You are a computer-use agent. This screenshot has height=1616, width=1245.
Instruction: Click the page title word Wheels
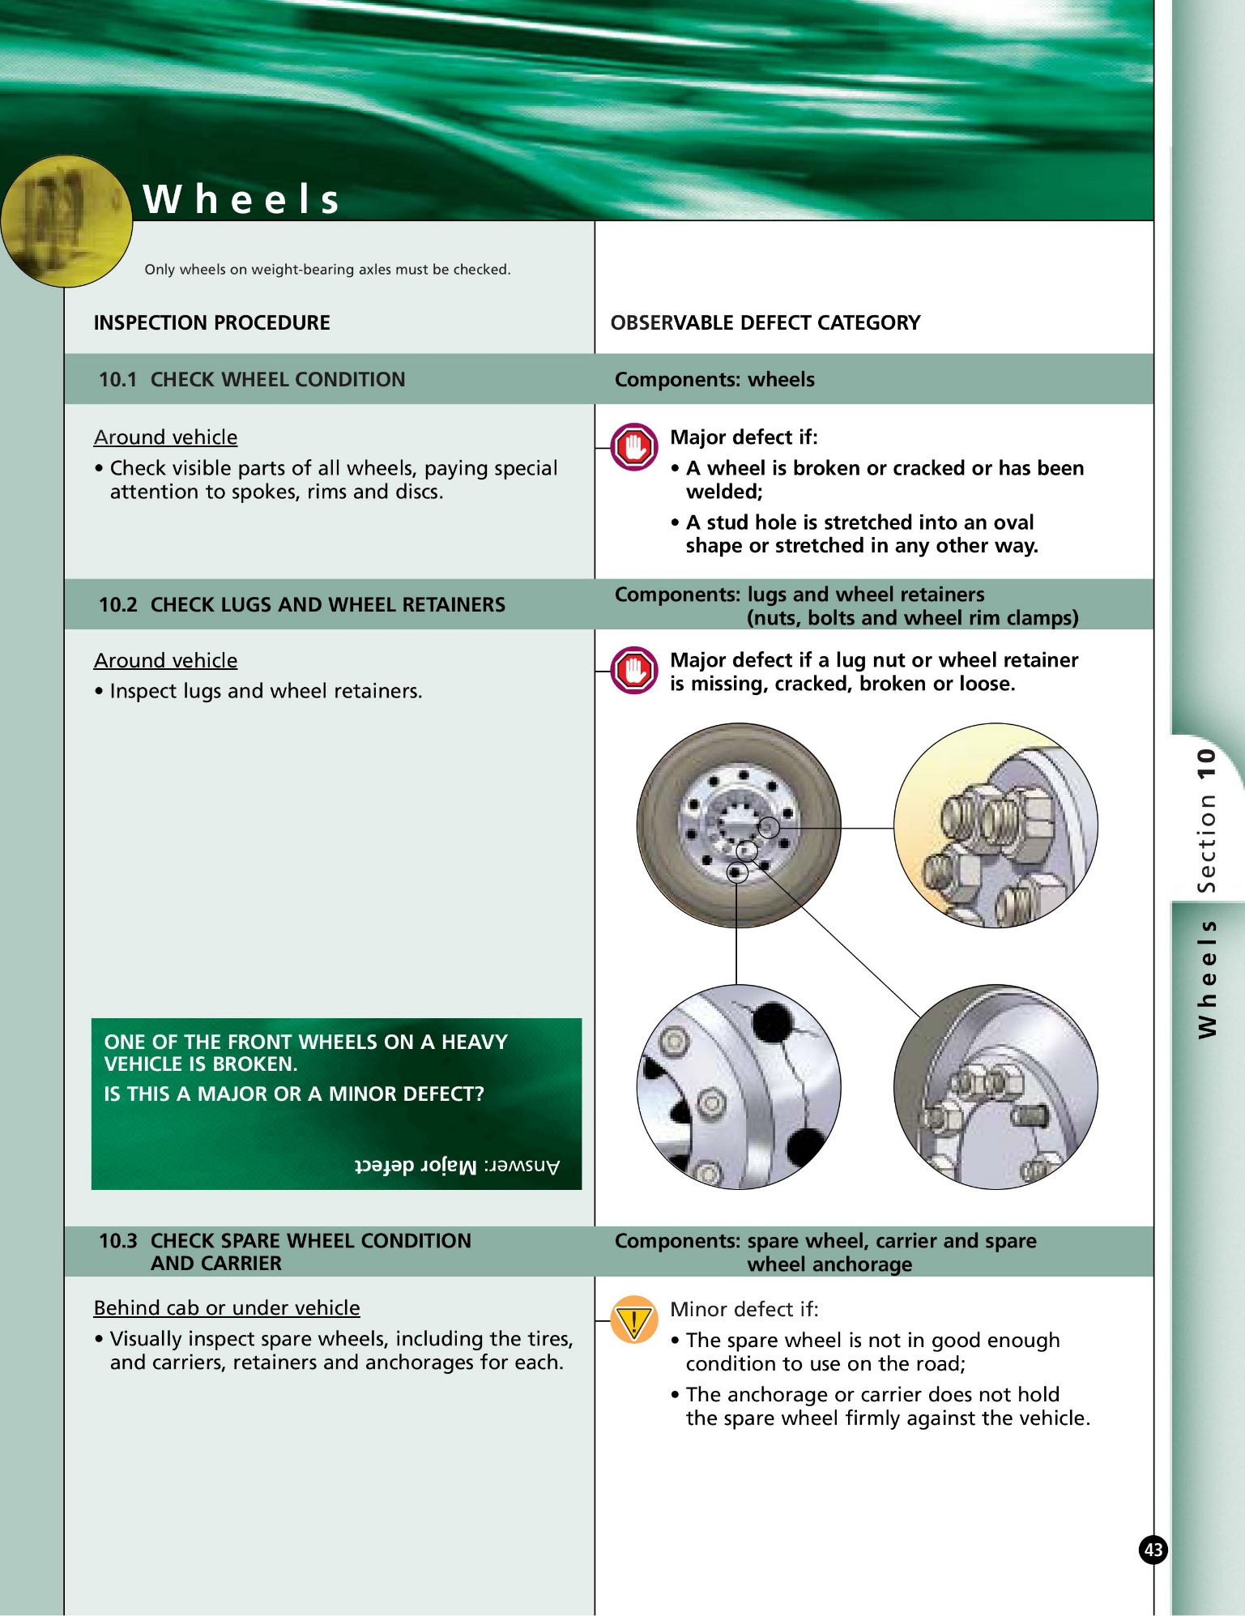click(241, 199)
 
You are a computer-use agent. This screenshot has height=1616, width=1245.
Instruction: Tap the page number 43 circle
click(1153, 1550)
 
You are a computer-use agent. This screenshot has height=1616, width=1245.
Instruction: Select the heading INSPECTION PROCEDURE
click(211, 322)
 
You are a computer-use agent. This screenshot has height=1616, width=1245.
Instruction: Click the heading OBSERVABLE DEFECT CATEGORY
click(765, 322)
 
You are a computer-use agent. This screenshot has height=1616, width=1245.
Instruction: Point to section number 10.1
click(117, 379)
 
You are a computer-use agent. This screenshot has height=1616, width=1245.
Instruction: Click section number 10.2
click(117, 604)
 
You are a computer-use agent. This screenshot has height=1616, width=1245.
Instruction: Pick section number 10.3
click(117, 1241)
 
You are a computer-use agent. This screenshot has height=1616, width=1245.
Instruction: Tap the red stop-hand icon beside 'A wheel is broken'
click(633, 446)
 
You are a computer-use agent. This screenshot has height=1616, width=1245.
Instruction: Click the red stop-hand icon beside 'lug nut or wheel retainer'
click(633, 670)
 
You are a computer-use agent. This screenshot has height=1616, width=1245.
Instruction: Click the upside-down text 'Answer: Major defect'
click(457, 1166)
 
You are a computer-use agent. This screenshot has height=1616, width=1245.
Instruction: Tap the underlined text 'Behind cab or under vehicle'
click(227, 1307)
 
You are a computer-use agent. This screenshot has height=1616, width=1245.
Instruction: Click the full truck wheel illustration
click(738, 825)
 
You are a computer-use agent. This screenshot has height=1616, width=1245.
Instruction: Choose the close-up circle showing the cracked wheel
click(738, 1087)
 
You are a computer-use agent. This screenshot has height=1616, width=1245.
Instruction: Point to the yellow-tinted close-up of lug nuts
click(996, 825)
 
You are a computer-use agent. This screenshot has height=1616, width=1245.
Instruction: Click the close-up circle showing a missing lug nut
click(996, 1087)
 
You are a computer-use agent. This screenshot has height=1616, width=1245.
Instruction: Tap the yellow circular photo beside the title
click(65, 221)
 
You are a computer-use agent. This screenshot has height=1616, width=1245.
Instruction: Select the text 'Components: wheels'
click(714, 379)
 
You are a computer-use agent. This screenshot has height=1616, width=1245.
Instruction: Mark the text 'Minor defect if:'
click(744, 1309)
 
